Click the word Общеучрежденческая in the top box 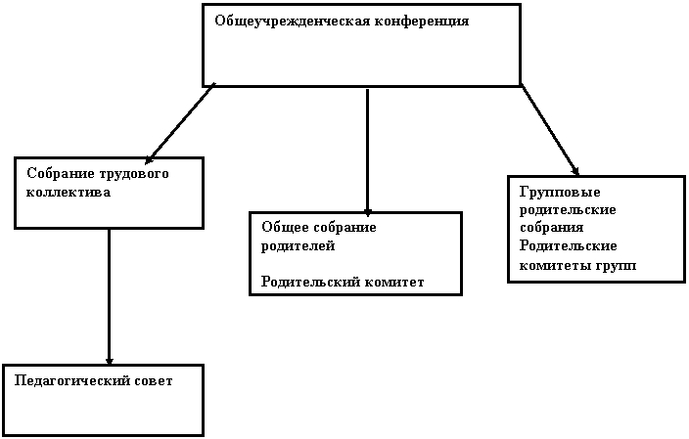click(x=293, y=22)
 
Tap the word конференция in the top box click(x=422, y=22)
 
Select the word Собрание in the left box click(x=60, y=173)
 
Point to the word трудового click(x=133, y=174)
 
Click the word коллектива click(x=69, y=193)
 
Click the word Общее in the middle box click(x=283, y=228)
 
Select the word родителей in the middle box click(x=298, y=246)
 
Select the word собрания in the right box click(x=551, y=228)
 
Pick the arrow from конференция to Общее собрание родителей click(x=367, y=153)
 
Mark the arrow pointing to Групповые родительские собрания click(x=550, y=130)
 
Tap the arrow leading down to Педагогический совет click(x=109, y=297)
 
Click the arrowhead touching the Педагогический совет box click(x=109, y=361)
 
